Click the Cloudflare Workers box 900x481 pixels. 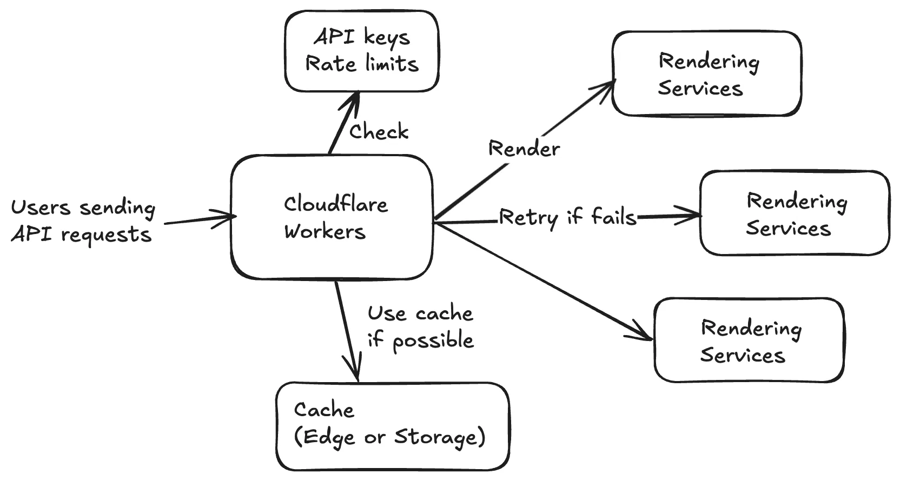tap(332, 217)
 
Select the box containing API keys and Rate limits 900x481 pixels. tap(361, 51)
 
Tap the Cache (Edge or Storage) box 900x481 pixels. tap(392, 426)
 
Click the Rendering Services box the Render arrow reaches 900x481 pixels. tap(706, 74)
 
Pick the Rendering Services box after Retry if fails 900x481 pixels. tap(794, 213)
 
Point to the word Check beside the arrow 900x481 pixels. tap(379, 131)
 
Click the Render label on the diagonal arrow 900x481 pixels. tap(524, 149)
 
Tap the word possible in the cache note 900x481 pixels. tap(433, 341)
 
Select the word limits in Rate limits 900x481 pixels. tap(392, 64)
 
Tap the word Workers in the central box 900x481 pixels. tap(325, 231)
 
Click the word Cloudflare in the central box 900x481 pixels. tap(335, 204)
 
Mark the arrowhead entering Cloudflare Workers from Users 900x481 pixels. tap(230, 217)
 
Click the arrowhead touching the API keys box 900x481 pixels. tap(354, 97)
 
